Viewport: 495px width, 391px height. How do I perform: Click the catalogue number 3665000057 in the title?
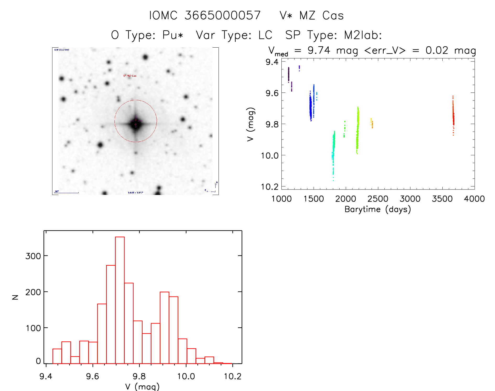point(222,15)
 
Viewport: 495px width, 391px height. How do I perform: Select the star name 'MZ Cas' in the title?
point(321,15)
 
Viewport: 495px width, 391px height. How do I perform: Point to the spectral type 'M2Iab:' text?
point(363,35)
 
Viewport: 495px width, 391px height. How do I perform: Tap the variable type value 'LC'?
point(265,35)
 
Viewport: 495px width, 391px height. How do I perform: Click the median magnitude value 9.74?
point(319,50)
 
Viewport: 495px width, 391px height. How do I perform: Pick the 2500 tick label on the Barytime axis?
point(378,199)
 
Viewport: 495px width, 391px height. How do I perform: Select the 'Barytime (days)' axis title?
point(378,209)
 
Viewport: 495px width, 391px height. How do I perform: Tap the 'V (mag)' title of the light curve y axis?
point(251,124)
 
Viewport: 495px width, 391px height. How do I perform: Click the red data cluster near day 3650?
point(453,115)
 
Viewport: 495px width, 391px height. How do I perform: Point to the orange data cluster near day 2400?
point(372,123)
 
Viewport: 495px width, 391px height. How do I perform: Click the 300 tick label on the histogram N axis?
point(33,256)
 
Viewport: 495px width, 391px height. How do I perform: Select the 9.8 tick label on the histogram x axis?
point(139,376)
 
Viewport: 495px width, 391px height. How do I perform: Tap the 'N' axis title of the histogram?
point(15,297)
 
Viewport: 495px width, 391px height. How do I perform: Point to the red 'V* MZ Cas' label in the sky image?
point(130,76)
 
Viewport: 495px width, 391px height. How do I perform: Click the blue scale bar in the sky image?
point(67,193)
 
